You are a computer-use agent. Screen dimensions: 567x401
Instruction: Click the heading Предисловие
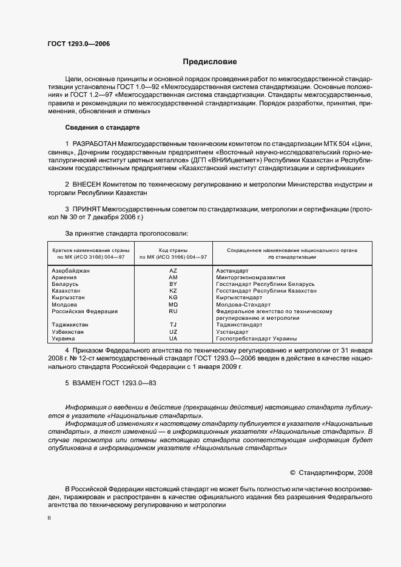coord(211,62)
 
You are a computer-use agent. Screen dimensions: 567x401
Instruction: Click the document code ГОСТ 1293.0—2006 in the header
coord(78,44)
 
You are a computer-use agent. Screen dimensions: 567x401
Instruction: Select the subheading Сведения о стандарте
coord(102,128)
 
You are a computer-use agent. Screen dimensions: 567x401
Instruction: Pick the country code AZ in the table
coord(173,270)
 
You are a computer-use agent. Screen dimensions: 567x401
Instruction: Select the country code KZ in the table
coord(173,291)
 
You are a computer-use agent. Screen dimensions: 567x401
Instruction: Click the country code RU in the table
coord(173,311)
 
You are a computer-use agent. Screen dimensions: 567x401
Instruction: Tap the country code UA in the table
coord(173,339)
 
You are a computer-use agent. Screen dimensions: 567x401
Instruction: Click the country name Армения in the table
coord(65,277)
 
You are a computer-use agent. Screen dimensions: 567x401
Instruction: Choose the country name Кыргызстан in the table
coord(69,297)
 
